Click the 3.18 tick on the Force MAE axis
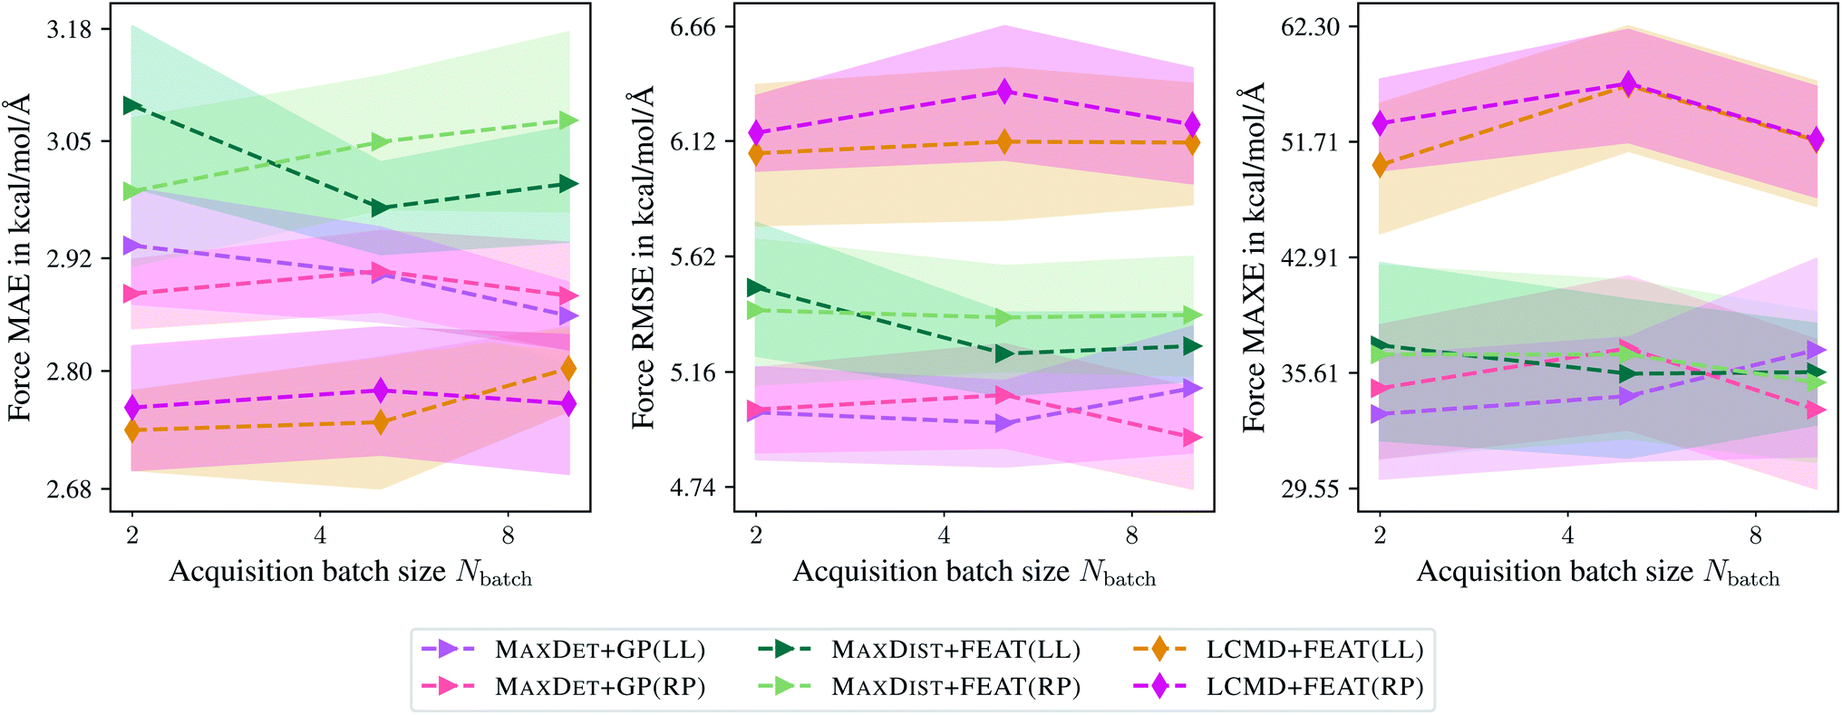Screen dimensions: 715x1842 click(x=69, y=29)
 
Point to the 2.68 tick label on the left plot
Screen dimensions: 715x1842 click(x=69, y=489)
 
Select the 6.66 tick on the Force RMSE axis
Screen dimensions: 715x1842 click(x=693, y=27)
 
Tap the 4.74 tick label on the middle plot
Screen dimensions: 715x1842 click(x=693, y=488)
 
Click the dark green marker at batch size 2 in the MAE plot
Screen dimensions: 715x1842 click(x=132, y=105)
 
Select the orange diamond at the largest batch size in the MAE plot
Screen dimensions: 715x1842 click(x=568, y=368)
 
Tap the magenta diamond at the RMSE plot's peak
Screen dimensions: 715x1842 click(x=1003, y=91)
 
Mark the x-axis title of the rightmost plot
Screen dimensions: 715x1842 click(x=1597, y=573)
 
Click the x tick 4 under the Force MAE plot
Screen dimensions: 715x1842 click(x=320, y=536)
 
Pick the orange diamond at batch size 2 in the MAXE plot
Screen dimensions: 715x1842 click(x=1380, y=165)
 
